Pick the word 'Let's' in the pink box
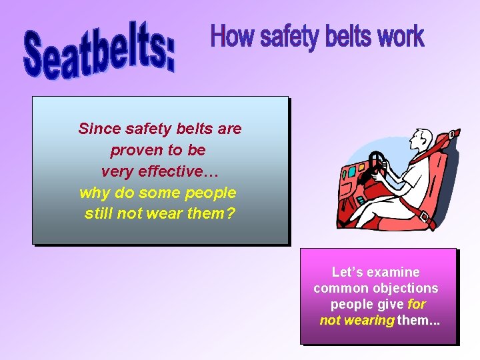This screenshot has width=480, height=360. click(x=347, y=272)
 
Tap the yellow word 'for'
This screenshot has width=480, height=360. click(x=416, y=304)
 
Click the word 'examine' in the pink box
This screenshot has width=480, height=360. click(x=393, y=272)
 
